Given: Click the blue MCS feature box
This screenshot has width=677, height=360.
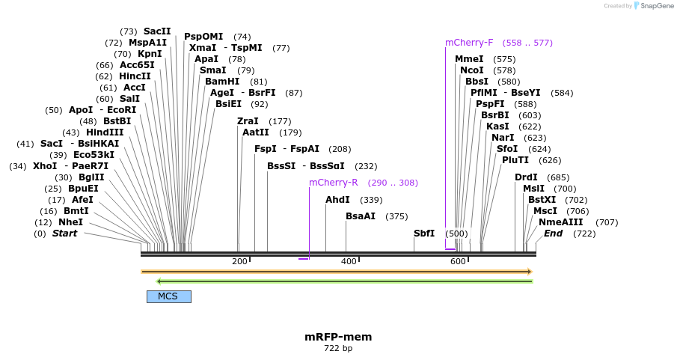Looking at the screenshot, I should click(x=168, y=296).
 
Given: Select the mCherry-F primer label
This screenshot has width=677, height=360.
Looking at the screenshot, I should click(x=469, y=43).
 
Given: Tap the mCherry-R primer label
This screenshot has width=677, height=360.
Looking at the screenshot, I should click(x=333, y=183).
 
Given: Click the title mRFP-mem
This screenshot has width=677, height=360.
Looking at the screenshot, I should click(x=338, y=337).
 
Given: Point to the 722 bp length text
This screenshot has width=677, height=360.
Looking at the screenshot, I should click(x=338, y=349).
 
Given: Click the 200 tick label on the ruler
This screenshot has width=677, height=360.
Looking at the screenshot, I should click(x=239, y=261).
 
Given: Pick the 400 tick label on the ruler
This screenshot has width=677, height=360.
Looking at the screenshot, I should click(x=349, y=261).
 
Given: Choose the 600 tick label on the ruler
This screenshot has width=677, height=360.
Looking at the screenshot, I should click(x=458, y=261).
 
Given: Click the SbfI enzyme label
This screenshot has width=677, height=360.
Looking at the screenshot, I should click(x=424, y=234).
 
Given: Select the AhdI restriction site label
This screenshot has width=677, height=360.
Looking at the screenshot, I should click(x=337, y=200).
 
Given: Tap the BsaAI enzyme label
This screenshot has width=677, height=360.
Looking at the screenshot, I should click(x=361, y=216).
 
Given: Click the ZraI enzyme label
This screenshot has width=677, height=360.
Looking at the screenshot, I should click(x=248, y=121).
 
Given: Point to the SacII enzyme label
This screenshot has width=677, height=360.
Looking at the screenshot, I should click(x=157, y=31).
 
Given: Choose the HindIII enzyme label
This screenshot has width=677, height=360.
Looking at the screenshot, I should click(x=105, y=132).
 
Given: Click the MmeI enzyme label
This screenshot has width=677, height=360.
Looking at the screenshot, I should click(x=469, y=59).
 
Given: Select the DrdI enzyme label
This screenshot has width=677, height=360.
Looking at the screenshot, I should click(x=526, y=177).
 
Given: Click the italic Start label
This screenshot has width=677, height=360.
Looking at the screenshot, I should click(x=64, y=234).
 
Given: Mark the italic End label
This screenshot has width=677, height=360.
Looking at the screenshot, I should click(x=553, y=234).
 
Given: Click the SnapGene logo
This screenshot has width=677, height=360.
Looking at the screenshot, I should click(x=652, y=6).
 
